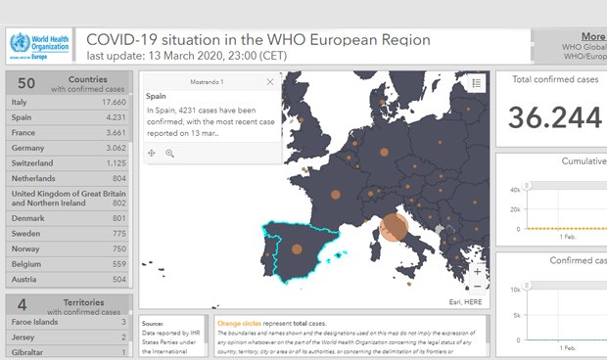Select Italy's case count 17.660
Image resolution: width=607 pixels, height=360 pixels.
tap(114, 102)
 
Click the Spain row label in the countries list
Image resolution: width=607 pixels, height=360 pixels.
tap(23, 117)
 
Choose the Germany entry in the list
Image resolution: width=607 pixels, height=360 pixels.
tap(29, 148)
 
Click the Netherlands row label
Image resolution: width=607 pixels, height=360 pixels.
tap(35, 179)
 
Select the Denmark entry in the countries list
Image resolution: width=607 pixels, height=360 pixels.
tap(28, 217)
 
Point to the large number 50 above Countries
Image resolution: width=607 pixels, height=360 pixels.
tap(26, 83)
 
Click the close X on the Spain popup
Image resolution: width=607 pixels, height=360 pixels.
tap(270, 82)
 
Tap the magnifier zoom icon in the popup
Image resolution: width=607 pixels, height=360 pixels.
tap(169, 154)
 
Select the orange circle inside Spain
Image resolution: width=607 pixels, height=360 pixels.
tap(297, 248)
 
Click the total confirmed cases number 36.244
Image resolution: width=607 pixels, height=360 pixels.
tap(555, 117)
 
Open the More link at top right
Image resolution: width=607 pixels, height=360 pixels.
tap(592, 36)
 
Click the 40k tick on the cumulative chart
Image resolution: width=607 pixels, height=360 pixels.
tap(516, 190)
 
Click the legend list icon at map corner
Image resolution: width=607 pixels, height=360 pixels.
tap(476, 83)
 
